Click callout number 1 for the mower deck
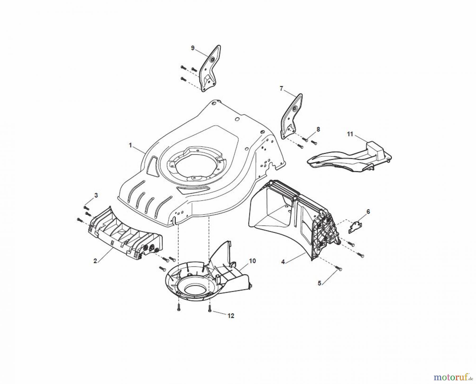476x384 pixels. (130, 145)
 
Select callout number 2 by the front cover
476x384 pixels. (95, 261)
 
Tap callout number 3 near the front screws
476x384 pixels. (96, 195)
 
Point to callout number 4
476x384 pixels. (283, 262)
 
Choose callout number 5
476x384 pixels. (319, 283)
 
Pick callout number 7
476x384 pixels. (281, 88)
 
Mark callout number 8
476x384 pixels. (318, 129)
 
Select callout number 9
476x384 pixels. (193, 48)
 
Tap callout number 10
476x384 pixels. (252, 261)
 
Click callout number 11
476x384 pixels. (350, 134)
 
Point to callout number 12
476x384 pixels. (231, 316)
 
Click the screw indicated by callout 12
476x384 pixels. (209, 308)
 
